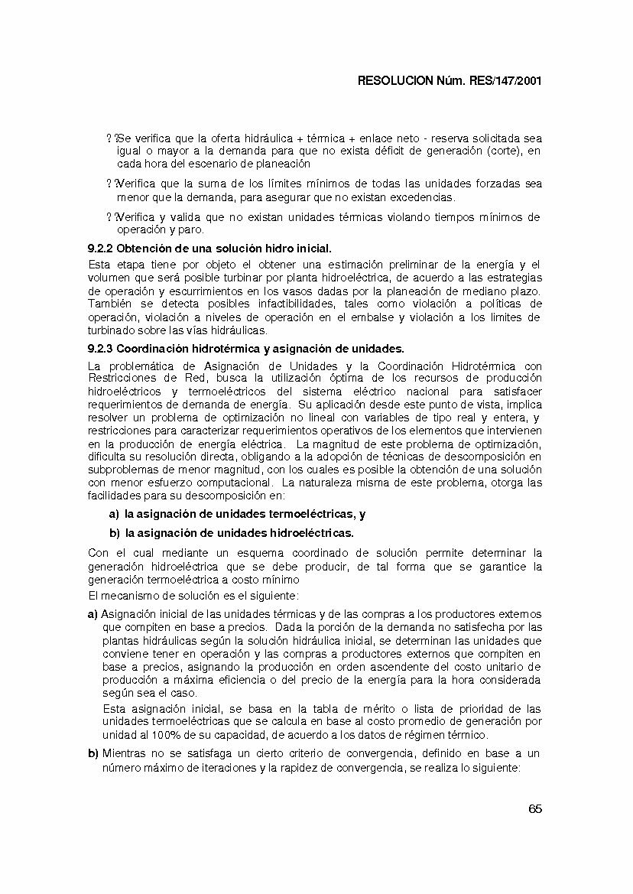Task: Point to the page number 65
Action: [534, 810]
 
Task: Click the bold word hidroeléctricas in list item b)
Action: [310, 532]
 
